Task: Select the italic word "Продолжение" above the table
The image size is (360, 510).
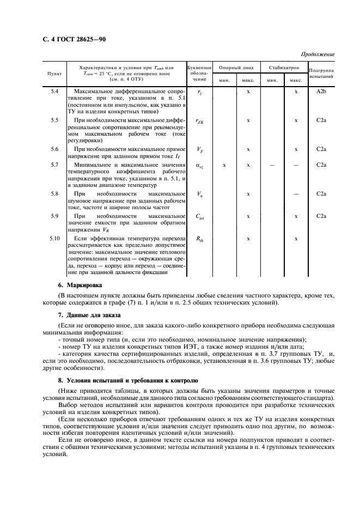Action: (x=317, y=54)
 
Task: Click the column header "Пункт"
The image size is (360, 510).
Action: (x=54, y=72)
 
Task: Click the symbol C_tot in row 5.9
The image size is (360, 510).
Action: (x=199, y=216)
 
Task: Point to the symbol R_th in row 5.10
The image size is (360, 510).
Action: (x=199, y=239)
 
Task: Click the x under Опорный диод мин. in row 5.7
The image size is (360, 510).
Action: (x=224, y=164)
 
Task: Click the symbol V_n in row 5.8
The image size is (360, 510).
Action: (x=199, y=194)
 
